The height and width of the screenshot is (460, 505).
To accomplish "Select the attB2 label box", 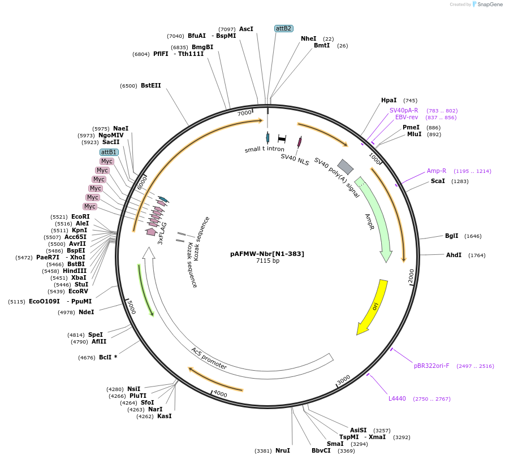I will [283, 28].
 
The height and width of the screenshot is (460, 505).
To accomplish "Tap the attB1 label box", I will [109, 152].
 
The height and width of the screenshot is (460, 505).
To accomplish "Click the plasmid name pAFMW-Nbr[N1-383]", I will [267, 254].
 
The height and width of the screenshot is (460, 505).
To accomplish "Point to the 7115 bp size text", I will [267, 261].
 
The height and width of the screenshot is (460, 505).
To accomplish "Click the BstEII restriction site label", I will [150, 86].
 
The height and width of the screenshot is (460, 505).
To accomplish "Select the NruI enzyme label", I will [282, 450].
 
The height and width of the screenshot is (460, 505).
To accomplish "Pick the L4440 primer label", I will [397, 398].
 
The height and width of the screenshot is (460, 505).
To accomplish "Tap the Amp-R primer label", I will [436, 171].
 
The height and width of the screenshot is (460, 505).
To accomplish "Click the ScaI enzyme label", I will [438, 181].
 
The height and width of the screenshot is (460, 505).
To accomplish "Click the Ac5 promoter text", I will [208, 359].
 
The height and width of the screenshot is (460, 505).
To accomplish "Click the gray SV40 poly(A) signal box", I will [345, 167].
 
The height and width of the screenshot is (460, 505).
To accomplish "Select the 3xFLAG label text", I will [162, 232].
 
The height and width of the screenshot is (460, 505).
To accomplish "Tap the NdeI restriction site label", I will [86, 312].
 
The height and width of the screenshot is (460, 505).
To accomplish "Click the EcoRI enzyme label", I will [80, 216].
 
